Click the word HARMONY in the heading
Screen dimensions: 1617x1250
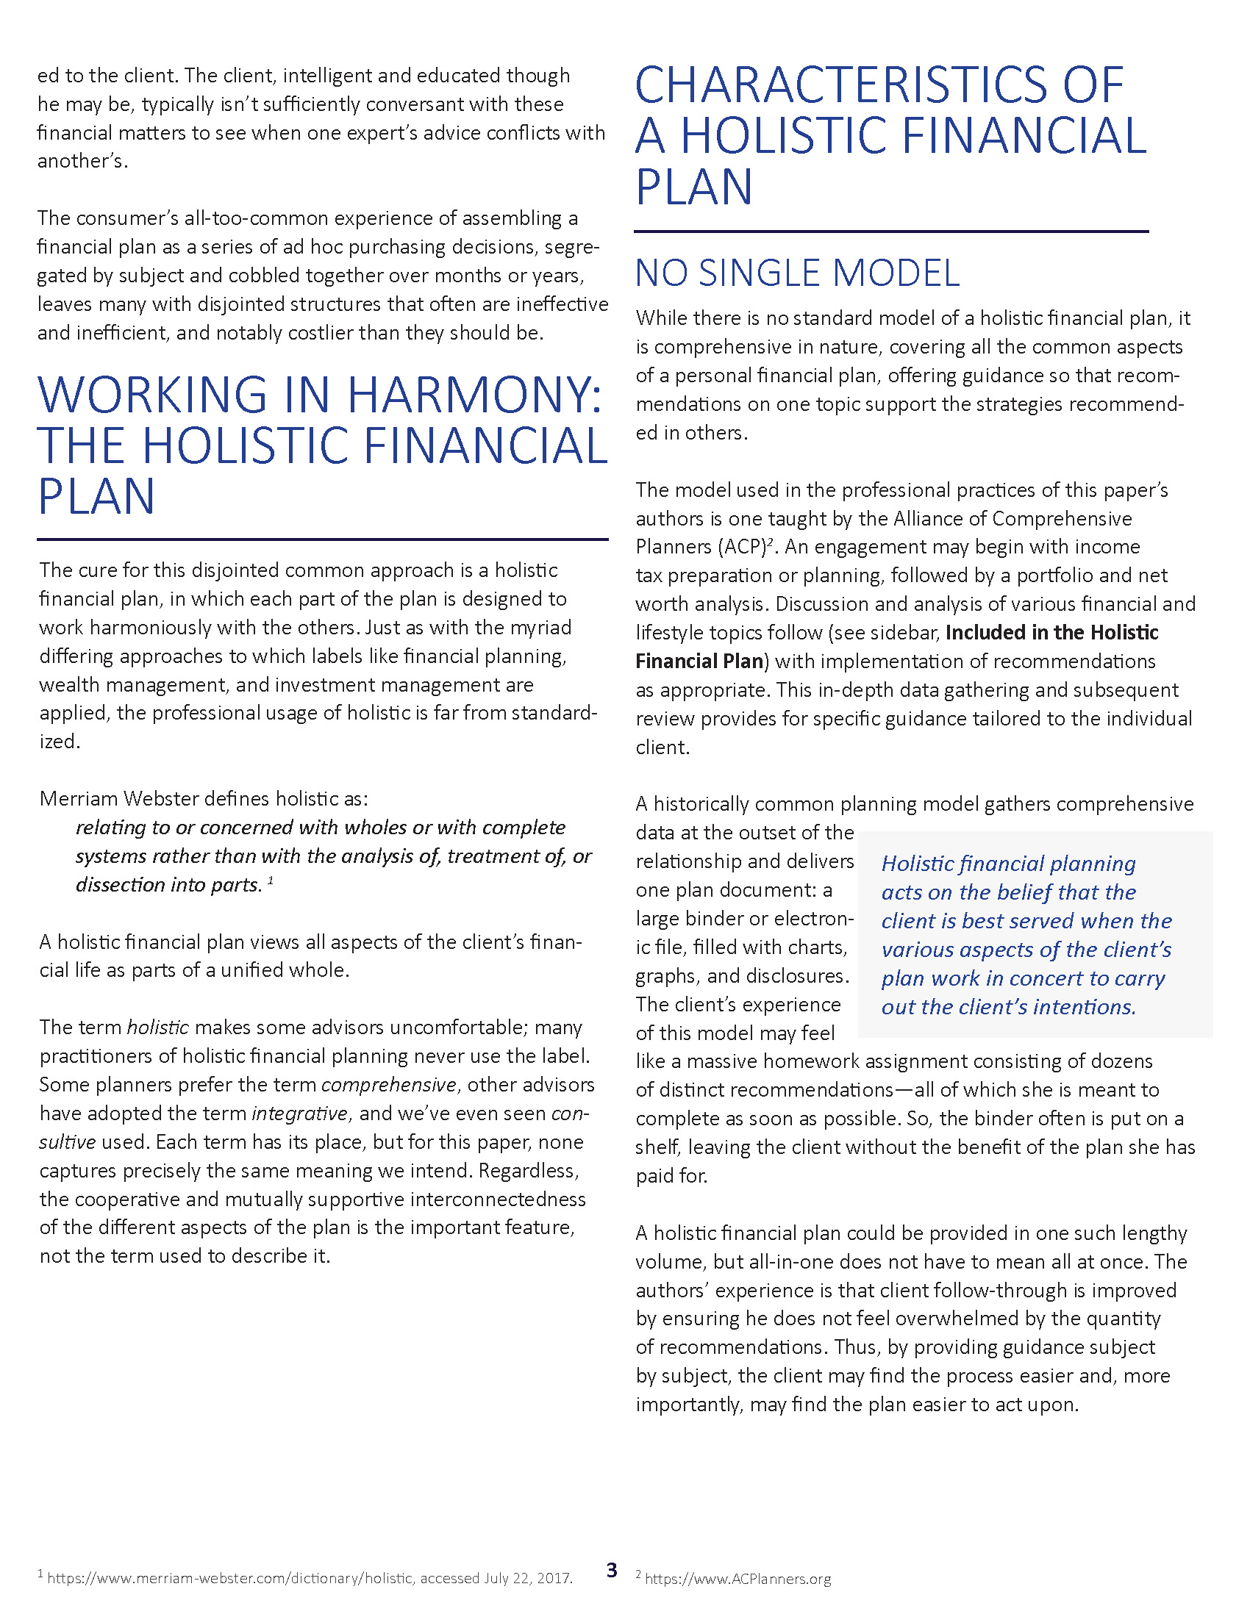pos(474,395)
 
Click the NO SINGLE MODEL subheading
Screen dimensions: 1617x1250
pos(797,273)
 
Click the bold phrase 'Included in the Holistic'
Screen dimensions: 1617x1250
pos(1051,632)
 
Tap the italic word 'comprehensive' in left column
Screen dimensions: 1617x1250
pos(389,1085)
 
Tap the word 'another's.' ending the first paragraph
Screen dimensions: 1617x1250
pos(82,162)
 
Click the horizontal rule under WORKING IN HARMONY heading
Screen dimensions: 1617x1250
pos(323,539)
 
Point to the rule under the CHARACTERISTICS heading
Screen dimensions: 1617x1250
pos(891,232)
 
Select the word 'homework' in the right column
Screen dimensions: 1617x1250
pos(804,1061)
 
